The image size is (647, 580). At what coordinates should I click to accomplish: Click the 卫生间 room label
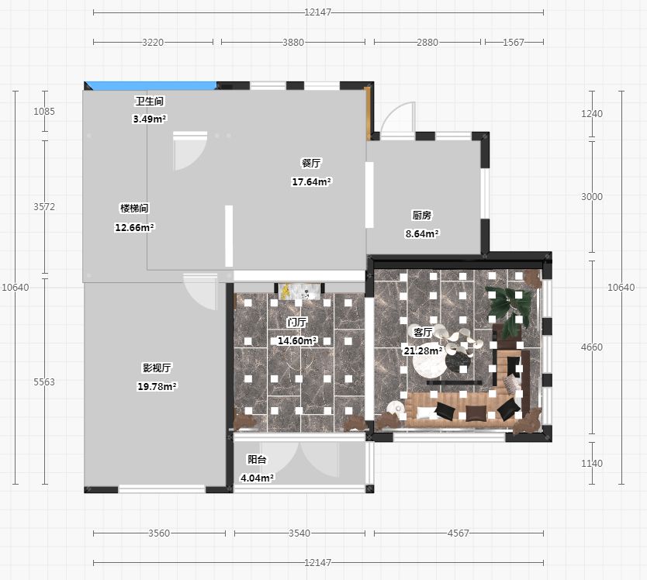coord(150,101)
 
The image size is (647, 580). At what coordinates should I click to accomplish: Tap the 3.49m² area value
coord(150,119)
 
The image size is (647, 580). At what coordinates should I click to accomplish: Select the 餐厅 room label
coord(311,163)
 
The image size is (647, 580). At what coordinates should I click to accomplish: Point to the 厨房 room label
coord(422,215)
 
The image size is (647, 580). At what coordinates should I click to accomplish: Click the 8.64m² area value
coord(422,234)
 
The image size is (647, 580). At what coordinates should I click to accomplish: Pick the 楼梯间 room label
coord(134,209)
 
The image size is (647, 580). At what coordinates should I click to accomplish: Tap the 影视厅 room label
coord(157,368)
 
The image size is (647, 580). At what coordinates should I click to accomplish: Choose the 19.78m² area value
coord(157,386)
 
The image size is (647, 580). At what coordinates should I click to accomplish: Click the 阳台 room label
coord(257,459)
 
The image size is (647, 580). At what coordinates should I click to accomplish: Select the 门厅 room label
coord(297,322)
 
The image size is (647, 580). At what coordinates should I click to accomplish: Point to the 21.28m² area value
coord(423,351)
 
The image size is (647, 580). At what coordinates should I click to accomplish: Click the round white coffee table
coord(429,362)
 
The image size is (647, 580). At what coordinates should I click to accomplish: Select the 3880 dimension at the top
coord(293,42)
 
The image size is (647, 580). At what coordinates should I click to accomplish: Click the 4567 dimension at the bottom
coord(458,533)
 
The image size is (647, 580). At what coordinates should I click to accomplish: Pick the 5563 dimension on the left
coord(44,382)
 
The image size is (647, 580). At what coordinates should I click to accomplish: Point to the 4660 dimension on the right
coord(592,347)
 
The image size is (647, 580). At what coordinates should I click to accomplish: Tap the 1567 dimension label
coord(514,42)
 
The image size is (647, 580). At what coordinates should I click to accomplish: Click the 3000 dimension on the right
coord(592,197)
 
